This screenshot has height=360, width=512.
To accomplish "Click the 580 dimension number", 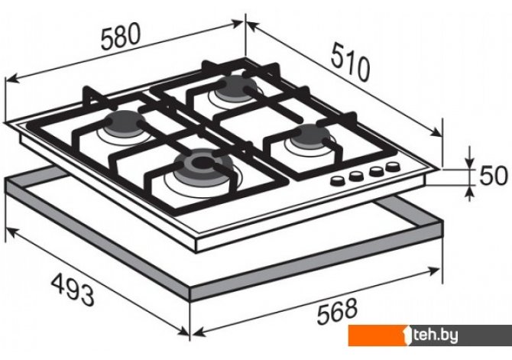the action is [x=121, y=36].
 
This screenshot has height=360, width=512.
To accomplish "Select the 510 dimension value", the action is [x=350, y=63].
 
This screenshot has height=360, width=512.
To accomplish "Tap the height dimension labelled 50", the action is [x=493, y=176].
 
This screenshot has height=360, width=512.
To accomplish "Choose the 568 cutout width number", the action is [x=337, y=311].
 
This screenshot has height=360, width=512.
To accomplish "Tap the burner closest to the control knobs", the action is [x=311, y=136].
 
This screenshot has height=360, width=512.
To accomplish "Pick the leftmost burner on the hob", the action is [x=125, y=124].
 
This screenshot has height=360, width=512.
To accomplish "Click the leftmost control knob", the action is [x=337, y=180].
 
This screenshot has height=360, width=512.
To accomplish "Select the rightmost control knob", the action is [x=392, y=167].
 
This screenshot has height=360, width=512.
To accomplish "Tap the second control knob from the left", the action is [x=356, y=176].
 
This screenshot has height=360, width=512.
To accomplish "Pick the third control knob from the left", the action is [x=376, y=171].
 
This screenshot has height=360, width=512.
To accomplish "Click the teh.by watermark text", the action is [x=434, y=335].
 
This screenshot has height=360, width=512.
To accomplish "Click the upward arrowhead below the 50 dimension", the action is [x=469, y=192].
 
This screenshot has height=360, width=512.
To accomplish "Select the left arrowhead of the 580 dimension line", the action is [x=11, y=79].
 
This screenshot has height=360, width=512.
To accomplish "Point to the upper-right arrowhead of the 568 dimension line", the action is [x=433, y=271].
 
